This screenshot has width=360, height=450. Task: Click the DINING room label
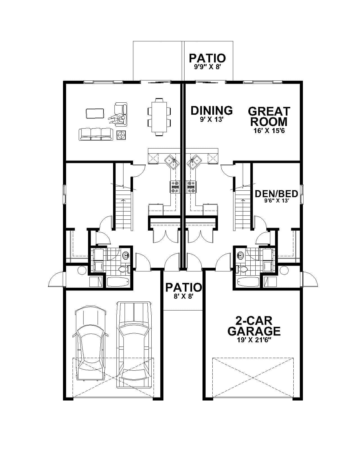(x=211, y=111)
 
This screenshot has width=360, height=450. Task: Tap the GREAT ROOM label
(x=269, y=116)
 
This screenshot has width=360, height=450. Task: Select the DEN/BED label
(x=276, y=194)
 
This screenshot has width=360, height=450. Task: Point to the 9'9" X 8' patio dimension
(x=207, y=67)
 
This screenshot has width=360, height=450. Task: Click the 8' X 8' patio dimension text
(x=183, y=296)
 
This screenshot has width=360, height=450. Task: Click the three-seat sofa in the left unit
(x=96, y=134)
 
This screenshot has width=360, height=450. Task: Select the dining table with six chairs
(x=159, y=116)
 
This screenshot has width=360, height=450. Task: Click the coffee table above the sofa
(x=95, y=113)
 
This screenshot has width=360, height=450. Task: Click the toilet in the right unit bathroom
(x=242, y=269)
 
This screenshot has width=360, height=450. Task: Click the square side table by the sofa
(x=121, y=135)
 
